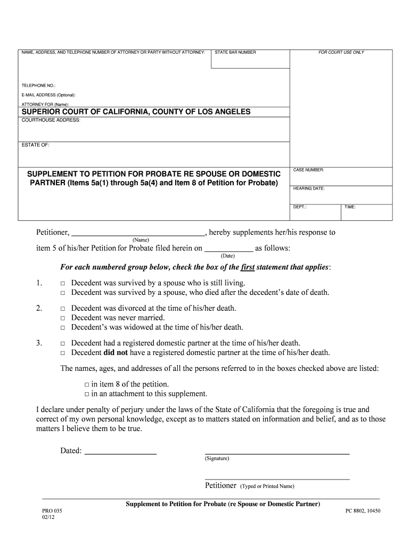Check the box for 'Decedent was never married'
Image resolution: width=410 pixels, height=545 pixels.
click(x=62, y=318)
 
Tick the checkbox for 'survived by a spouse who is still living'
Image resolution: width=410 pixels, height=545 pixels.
click(x=62, y=284)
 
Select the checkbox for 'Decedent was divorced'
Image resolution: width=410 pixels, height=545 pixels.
click(x=62, y=309)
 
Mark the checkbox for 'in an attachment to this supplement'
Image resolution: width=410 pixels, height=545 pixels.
click(x=87, y=394)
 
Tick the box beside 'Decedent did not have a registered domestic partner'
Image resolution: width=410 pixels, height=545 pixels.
click(x=62, y=353)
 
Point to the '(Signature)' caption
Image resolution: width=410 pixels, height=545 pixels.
click(x=217, y=458)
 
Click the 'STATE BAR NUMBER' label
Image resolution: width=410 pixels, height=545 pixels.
click(x=235, y=53)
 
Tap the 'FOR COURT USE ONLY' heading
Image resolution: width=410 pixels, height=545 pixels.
click(x=341, y=53)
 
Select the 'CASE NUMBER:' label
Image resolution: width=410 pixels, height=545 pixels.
click(x=309, y=170)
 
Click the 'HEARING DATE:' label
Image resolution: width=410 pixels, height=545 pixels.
click(x=309, y=188)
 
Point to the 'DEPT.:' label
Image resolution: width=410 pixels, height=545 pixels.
click(x=300, y=207)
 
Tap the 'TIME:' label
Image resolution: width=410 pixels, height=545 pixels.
click(x=350, y=207)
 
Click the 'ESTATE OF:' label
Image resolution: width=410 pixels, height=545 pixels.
click(x=35, y=145)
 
